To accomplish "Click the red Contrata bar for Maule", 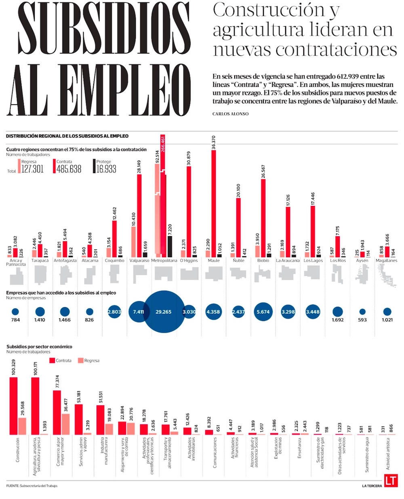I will (x=214, y=203).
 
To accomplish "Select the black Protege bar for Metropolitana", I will (x=170, y=247).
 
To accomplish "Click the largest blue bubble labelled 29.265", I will (x=164, y=312).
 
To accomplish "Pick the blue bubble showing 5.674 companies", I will (x=263, y=312).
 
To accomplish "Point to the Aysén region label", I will (x=362, y=260).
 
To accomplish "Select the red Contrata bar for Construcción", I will (x=14, y=405).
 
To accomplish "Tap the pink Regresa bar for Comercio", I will (x=65, y=424).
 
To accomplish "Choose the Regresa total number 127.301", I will (x=32, y=169).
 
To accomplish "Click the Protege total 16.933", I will (x=106, y=169).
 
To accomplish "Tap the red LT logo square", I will (x=391, y=481).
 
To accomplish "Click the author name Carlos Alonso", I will (x=230, y=114).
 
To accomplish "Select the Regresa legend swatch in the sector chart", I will (x=80, y=361).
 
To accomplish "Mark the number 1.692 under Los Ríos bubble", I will (x=338, y=320).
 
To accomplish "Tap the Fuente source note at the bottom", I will (x=32, y=486).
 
